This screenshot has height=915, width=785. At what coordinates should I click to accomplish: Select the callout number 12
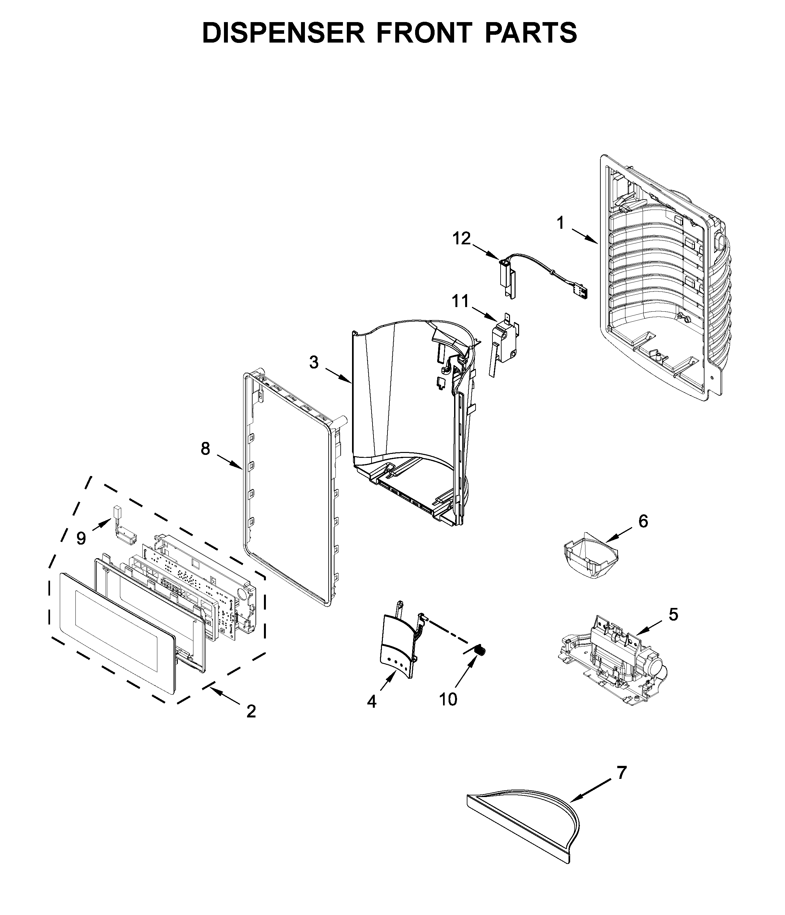[462, 238]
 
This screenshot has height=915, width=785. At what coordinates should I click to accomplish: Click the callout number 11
[460, 302]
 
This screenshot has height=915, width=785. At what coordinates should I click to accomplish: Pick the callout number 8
[205, 449]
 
